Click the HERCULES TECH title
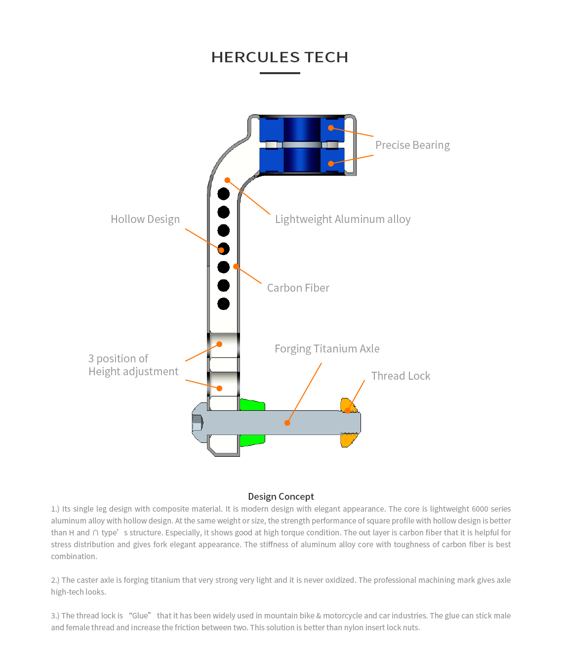pos(280,57)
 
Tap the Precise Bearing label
pos(412,145)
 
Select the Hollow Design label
pos(145,219)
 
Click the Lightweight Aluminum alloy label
pos(343,219)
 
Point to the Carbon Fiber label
pos(298,288)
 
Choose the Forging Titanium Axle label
pos(327,349)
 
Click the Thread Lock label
pos(401,376)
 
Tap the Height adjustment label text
pos(133,372)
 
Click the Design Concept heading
pos(281,497)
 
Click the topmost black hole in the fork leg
pos(224,194)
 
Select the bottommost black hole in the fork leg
pos(224,304)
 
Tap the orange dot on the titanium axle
pos(287,423)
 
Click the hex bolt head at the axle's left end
pos(198,423)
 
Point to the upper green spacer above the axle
pos(252,405)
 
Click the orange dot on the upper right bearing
pos(331,128)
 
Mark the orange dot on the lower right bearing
pos(331,164)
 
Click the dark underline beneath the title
pos(280,73)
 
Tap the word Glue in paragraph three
pos(140,616)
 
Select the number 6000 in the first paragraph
pos(480,509)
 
